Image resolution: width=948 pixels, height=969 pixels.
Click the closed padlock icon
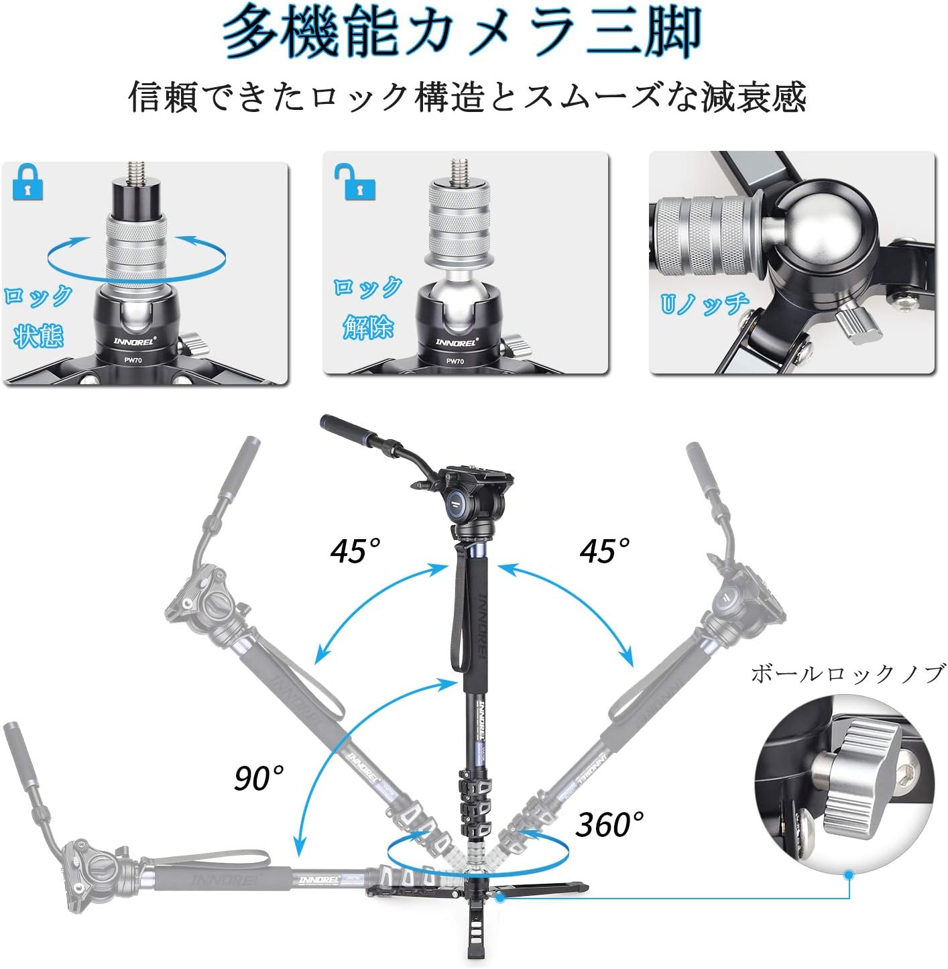tap(27, 182)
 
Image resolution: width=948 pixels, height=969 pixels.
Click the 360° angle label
tap(609, 825)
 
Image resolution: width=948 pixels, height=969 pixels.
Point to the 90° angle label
tap(259, 778)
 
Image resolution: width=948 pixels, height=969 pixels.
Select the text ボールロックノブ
tap(847, 674)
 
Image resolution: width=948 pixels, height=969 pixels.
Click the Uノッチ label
tap(705, 303)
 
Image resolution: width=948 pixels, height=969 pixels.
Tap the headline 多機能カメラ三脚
tap(461, 33)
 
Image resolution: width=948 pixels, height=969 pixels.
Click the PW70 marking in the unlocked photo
tap(455, 361)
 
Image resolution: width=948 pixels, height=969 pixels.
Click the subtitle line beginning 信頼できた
tap(467, 97)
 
